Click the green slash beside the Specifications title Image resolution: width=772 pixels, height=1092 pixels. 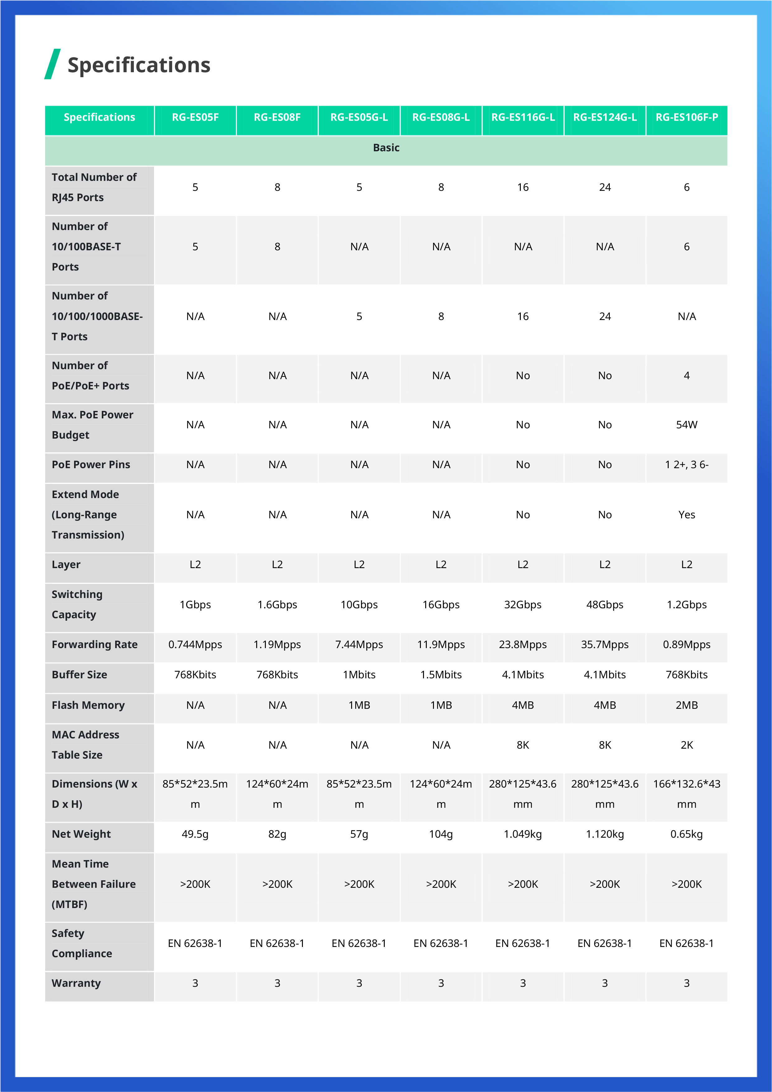pyautogui.click(x=52, y=64)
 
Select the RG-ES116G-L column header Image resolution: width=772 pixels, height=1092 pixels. pyautogui.click(x=523, y=117)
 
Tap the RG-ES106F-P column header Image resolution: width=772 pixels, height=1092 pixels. pyautogui.click(x=686, y=117)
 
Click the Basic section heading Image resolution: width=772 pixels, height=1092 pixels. pyautogui.click(x=386, y=148)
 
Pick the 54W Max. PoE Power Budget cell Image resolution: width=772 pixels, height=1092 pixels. pyautogui.click(x=686, y=425)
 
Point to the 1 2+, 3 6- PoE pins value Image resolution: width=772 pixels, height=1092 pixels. pyautogui.click(x=686, y=465)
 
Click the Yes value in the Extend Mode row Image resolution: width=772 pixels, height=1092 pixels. pyautogui.click(x=686, y=515)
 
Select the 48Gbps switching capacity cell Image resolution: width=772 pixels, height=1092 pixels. pyautogui.click(x=605, y=605)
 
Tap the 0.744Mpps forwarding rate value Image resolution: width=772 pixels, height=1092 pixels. pyautogui.click(x=195, y=644)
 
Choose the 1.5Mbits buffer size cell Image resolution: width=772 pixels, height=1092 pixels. pyautogui.click(x=441, y=675)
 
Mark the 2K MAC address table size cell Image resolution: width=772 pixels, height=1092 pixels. pyautogui.click(x=686, y=745)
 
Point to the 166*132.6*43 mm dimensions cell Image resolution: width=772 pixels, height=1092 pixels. pyautogui.click(x=686, y=794)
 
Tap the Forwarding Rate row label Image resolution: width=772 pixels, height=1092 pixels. pyautogui.click(x=95, y=644)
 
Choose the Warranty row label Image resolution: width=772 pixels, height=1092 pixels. pyautogui.click(x=76, y=983)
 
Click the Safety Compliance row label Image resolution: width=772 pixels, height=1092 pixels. pyautogui.click(x=82, y=943)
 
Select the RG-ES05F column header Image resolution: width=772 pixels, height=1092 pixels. pyautogui.click(x=195, y=117)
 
